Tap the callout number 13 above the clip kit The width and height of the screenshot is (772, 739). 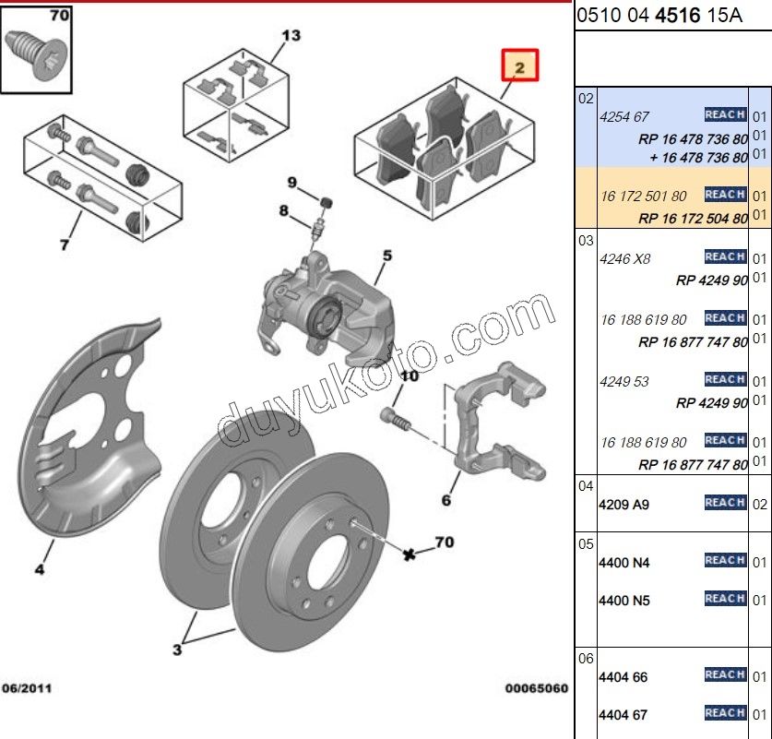[x=291, y=35]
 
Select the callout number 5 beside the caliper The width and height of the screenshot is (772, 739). [x=387, y=256]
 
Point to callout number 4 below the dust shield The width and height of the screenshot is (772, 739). [x=40, y=569]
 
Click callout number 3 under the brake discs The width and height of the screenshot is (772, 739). [x=177, y=650]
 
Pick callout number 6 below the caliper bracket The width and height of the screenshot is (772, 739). [x=446, y=501]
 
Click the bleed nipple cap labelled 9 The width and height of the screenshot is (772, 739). [x=326, y=202]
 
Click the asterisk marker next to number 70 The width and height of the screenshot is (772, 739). [x=409, y=554]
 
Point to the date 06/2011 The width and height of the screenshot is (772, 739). [x=27, y=688]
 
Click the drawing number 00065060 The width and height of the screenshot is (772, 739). [x=537, y=688]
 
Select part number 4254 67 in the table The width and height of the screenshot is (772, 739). [x=624, y=117]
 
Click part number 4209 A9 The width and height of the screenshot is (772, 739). [x=624, y=505]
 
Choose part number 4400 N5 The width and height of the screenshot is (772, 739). [x=624, y=601]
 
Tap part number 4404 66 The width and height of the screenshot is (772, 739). [x=623, y=677]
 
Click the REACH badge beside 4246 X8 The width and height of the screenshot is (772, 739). [x=725, y=256]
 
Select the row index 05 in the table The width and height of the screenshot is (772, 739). [x=586, y=544]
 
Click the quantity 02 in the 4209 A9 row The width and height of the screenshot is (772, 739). [x=760, y=505]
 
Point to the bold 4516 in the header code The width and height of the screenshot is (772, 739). [x=678, y=16]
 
